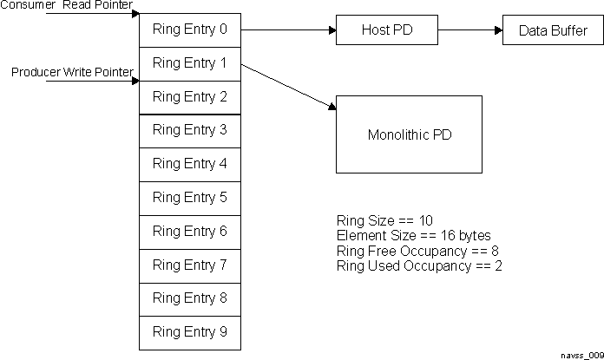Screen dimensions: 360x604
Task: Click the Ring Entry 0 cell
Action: coord(189,29)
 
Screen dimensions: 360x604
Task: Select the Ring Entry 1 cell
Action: coord(189,63)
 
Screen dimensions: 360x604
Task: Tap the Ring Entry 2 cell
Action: coord(189,97)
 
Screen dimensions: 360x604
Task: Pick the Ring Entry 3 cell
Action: coord(189,130)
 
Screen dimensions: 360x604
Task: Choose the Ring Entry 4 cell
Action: coord(189,164)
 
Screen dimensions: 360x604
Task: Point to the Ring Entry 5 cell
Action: coord(189,198)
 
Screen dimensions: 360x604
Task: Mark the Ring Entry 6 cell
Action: coord(189,232)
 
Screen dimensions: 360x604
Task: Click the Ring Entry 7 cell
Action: coord(189,265)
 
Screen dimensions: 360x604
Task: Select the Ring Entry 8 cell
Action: coord(189,298)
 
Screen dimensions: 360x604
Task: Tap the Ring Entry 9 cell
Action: coord(189,332)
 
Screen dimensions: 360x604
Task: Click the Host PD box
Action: coord(386,30)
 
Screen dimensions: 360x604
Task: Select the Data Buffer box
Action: coord(553,30)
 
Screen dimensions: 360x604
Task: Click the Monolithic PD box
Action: coord(409,135)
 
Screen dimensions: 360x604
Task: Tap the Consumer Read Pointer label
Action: coord(67,6)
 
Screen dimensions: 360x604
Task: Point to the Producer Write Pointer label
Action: coord(72,72)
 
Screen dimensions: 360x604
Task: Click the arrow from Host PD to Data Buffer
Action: coord(469,30)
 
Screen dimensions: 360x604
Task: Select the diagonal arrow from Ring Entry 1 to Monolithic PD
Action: coord(288,86)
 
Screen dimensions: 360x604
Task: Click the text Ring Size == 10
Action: coord(384,220)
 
